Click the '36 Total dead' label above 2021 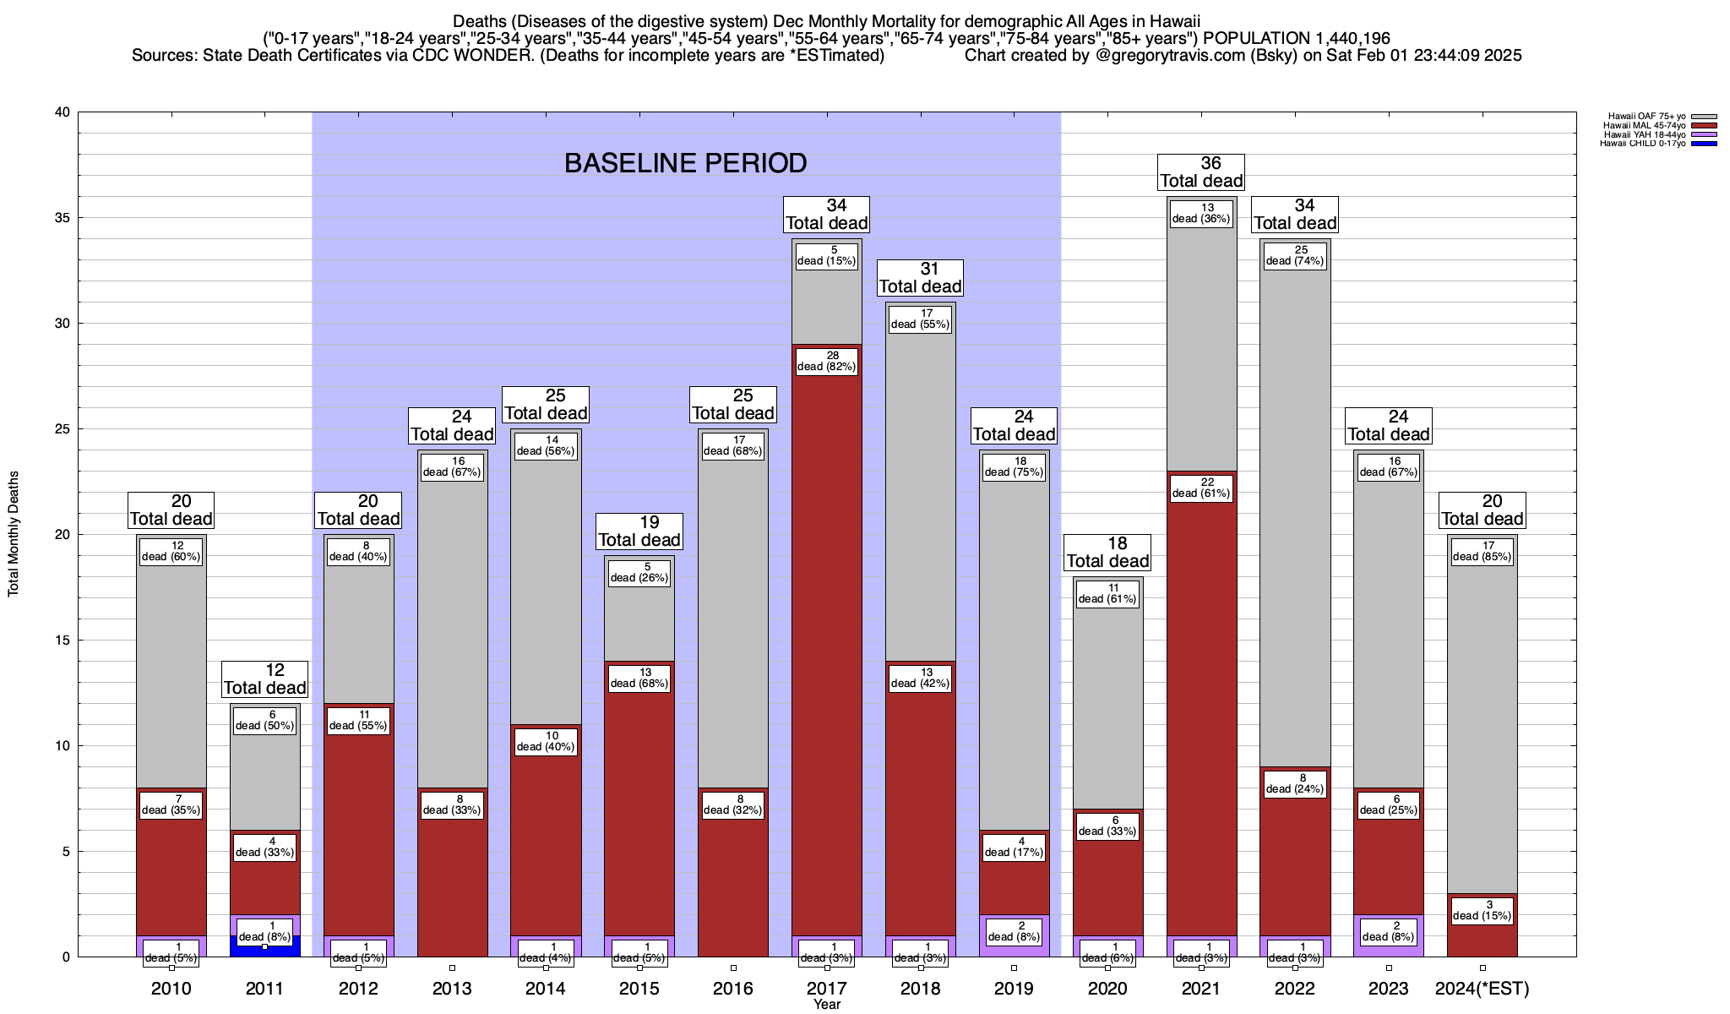coord(1201,172)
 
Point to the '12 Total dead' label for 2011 coord(265,679)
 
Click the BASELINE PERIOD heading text coord(685,163)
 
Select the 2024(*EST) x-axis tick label coord(1482,989)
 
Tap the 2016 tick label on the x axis coord(733,989)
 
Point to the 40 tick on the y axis coord(63,112)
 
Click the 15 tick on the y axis coord(63,641)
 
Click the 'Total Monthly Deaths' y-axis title coord(14,533)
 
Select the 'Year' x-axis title coord(827,1005)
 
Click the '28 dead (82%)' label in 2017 coord(826,362)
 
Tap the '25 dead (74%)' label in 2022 coord(1295,256)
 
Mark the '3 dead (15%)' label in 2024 coord(1482,911)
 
